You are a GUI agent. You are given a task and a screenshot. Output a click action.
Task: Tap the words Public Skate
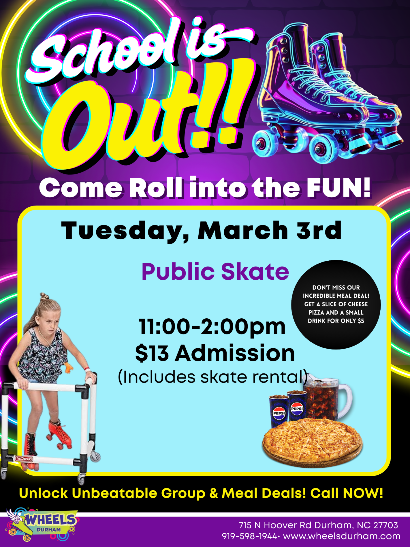[215, 272]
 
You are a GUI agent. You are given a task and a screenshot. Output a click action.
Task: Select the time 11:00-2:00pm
[212, 327]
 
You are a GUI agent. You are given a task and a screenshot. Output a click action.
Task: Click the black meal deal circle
[336, 305]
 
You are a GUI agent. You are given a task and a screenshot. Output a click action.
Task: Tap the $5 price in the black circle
[361, 321]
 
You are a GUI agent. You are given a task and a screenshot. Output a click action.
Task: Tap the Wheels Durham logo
[41, 524]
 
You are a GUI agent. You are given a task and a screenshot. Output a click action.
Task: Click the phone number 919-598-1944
[249, 536]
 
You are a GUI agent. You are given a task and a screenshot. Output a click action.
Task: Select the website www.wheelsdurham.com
[342, 536]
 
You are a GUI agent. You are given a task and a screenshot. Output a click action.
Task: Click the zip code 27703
[385, 525]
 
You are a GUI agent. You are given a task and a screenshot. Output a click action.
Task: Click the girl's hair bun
[44, 296]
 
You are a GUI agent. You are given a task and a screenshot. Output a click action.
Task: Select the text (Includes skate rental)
[213, 377]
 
